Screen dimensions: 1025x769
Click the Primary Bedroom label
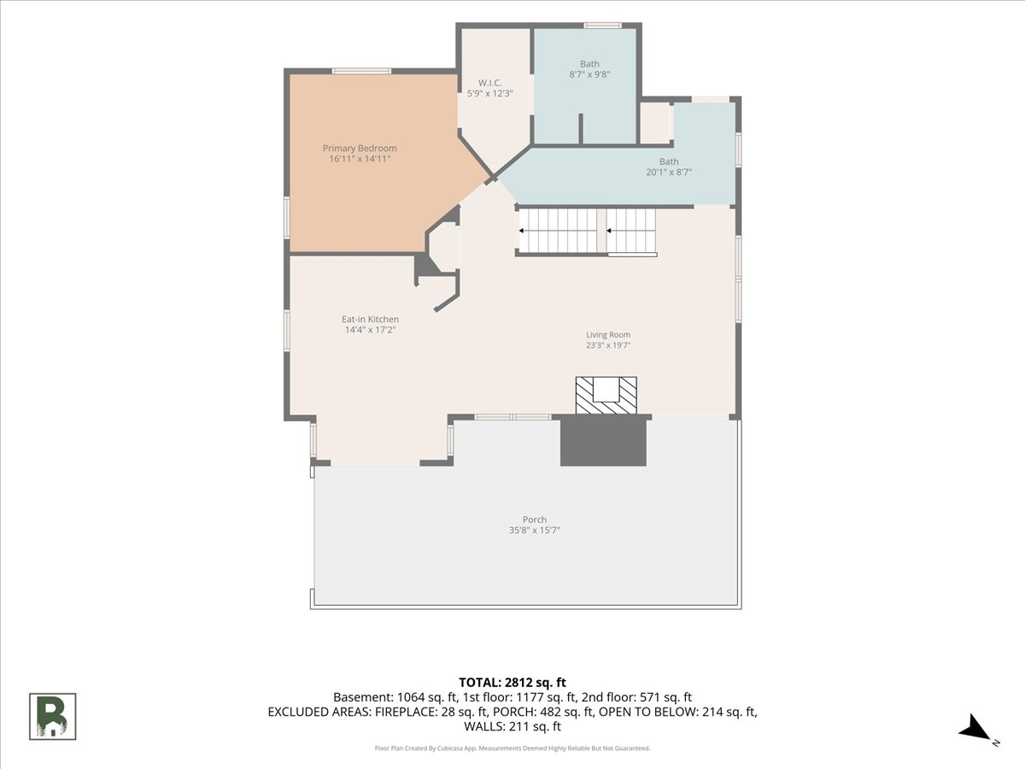tap(360, 148)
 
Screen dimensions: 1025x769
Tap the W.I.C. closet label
tap(489, 83)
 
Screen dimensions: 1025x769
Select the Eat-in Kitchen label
tap(371, 320)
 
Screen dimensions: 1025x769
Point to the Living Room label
tap(608, 335)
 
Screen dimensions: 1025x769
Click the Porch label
tap(535, 520)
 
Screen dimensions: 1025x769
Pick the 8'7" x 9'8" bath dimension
tap(589, 74)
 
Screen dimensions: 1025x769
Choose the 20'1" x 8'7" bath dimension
tap(669, 172)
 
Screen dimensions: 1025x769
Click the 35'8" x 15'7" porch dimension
tap(535, 530)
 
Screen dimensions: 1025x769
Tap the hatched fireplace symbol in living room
tap(606, 396)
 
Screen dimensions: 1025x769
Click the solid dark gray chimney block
tap(603, 442)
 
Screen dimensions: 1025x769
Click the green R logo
tap(53, 717)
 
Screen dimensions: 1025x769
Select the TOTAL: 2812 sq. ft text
tap(512, 683)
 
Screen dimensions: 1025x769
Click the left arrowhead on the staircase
tap(521, 231)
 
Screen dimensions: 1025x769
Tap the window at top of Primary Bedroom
tap(362, 71)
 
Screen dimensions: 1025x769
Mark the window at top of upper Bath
tap(602, 26)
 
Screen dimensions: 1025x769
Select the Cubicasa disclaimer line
tap(512, 748)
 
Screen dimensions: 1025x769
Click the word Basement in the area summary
tap(363, 697)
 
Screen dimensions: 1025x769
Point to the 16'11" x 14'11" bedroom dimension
tap(360, 159)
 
